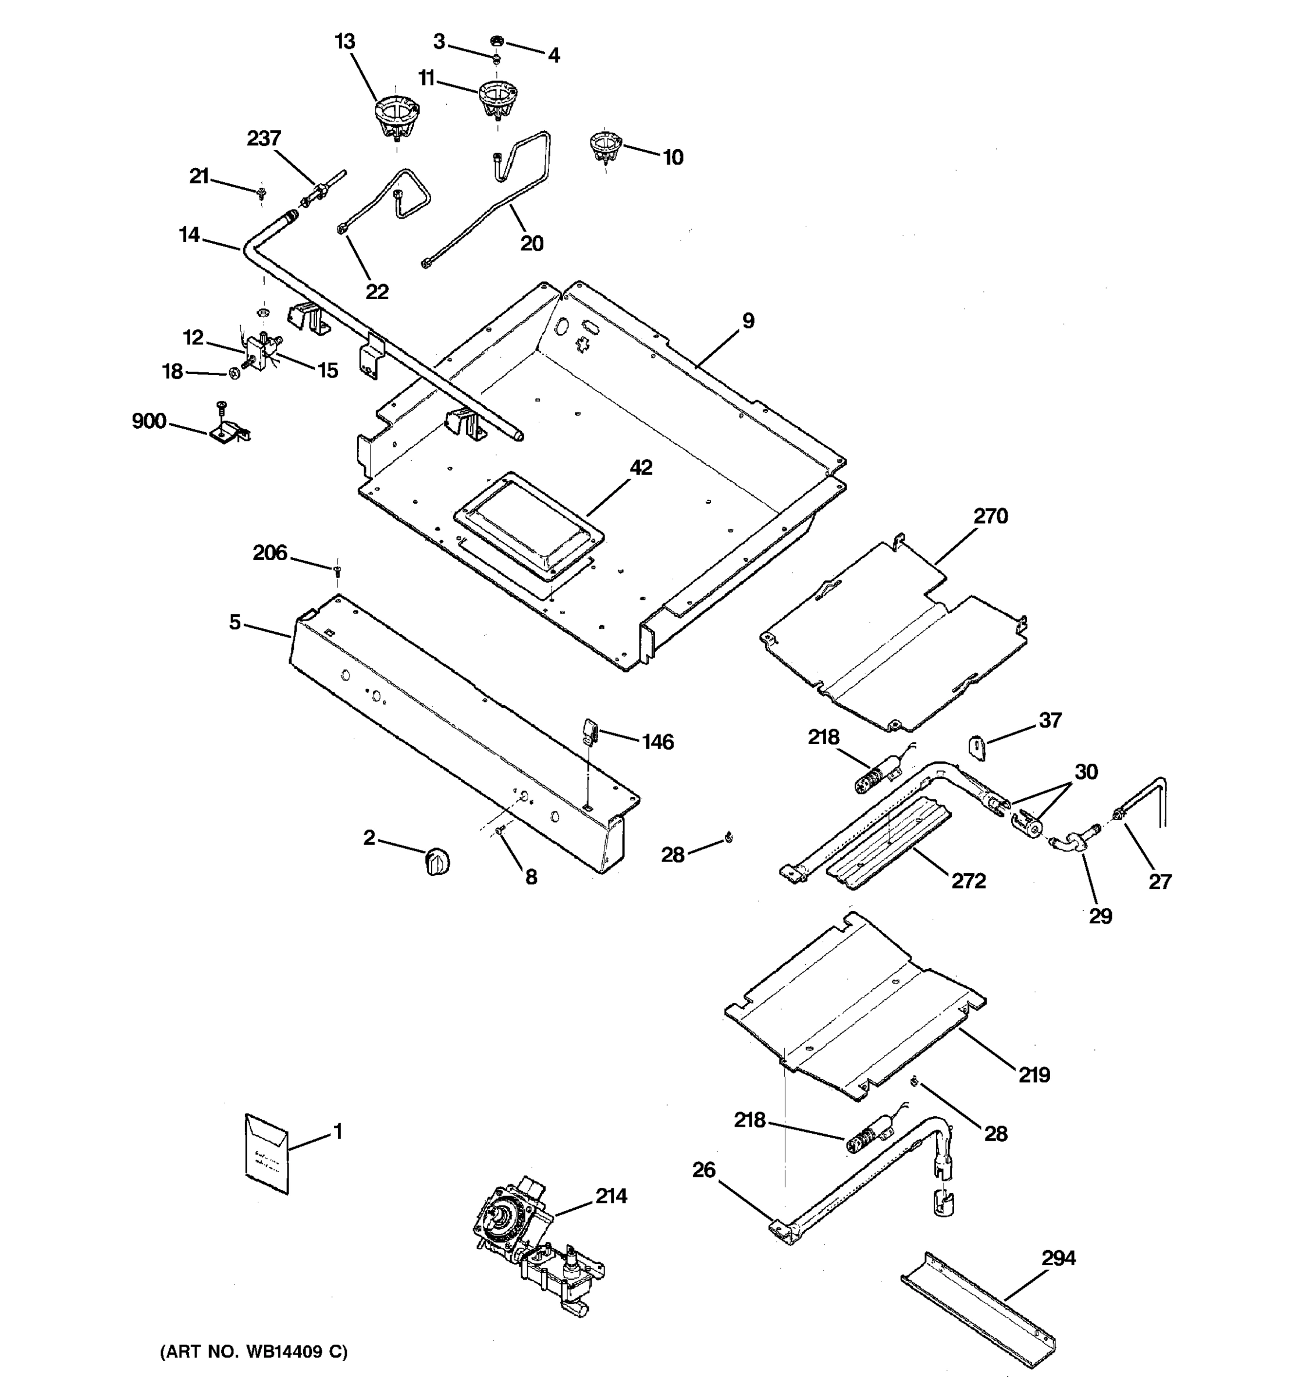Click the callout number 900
click(x=149, y=421)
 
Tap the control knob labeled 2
click(x=437, y=861)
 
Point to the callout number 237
click(x=264, y=138)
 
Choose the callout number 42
click(x=641, y=467)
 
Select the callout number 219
click(x=1034, y=1074)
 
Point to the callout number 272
click(x=969, y=881)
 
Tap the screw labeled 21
click(x=262, y=190)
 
